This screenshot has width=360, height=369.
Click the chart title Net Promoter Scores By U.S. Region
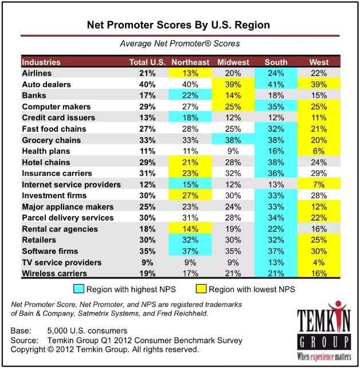(x=178, y=26)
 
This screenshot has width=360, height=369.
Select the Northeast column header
(x=190, y=62)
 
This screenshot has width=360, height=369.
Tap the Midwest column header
(x=233, y=62)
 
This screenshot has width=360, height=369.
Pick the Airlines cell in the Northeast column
(x=190, y=73)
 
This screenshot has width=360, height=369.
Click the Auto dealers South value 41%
(x=276, y=84)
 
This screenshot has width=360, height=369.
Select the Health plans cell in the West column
(x=319, y=151)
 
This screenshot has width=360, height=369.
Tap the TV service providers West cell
(x=319, y=262)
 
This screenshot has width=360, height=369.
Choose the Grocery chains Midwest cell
(x=233, y=140)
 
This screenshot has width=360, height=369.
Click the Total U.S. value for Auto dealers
(x=147, y=84)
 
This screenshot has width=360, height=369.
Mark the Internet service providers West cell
(x=319, y=185)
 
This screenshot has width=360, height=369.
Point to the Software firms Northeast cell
(x=190, y=252)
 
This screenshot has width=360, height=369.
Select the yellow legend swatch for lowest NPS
(x=200, y=289)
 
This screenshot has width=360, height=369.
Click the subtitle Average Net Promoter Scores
(x=179, y=44)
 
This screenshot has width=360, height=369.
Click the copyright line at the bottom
(x=105, y=349)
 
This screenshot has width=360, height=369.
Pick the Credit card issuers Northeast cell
(x=190, y=117)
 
